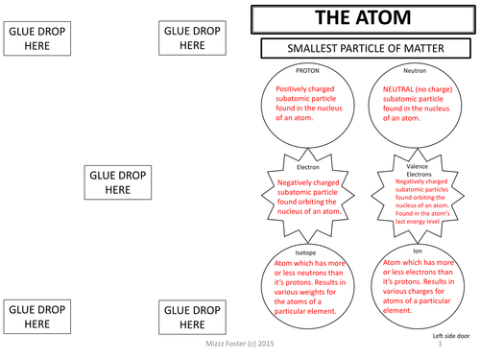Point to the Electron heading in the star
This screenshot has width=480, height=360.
tap(308, 166)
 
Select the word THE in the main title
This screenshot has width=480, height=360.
tap(330, 18)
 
